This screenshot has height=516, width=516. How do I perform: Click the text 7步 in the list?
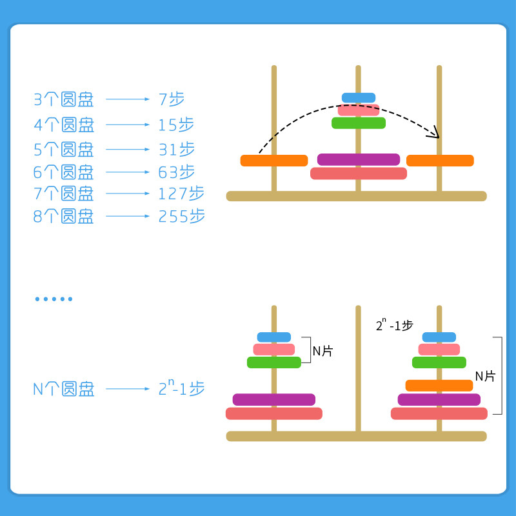coord(172,99)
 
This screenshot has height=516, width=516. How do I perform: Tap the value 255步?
coord(182,216)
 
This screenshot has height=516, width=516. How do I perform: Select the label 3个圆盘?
coord(63,99)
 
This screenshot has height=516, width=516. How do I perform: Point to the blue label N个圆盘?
coord(63,389)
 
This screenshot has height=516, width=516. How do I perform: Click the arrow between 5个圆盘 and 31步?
coord(127,150)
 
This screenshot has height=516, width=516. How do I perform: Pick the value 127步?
coord(181,193)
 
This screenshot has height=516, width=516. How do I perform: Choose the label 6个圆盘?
coord(63,172)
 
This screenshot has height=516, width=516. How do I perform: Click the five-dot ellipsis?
coord(54,299)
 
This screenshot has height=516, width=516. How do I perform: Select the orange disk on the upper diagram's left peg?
coord(273,161)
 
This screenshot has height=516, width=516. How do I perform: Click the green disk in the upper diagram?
coord(359,123)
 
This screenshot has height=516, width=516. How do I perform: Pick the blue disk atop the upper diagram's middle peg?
coord(359,97)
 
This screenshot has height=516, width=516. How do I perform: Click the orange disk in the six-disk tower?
coord(439,385)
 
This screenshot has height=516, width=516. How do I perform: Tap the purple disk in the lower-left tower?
coord(274,399)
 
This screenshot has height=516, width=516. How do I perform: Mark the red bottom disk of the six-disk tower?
coord(439,413)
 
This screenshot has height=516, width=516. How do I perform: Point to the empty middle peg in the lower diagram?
coord(358,361)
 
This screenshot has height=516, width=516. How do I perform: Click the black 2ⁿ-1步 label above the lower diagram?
coord(394,325)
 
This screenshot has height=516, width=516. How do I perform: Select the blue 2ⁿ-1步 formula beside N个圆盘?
coord(181,388)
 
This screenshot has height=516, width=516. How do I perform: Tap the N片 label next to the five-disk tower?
coord(323,351)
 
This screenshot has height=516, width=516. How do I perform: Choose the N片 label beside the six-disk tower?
coord(485,376)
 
